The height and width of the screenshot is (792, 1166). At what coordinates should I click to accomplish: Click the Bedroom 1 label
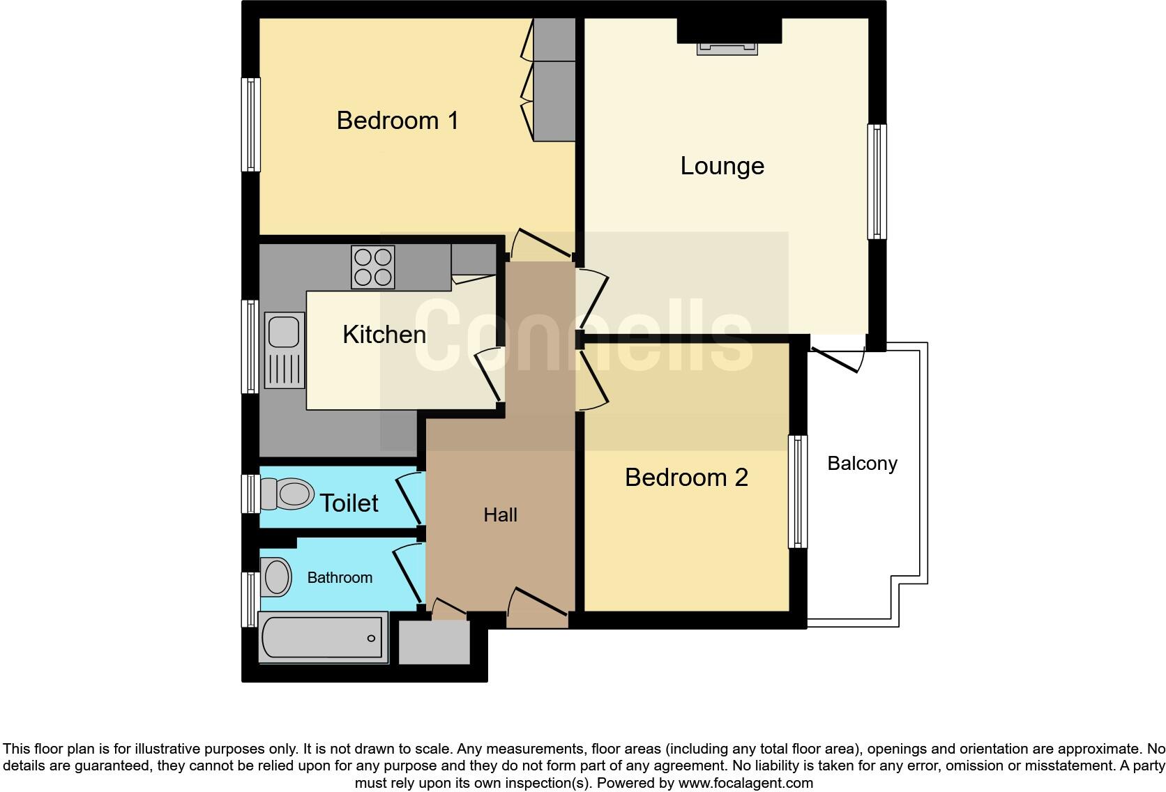[397, 121]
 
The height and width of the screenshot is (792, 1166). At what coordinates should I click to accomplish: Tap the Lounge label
[722, 166]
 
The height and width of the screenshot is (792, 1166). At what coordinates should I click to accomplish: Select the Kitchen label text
[384, 335]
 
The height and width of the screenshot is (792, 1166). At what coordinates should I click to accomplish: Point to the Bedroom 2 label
[686, 478]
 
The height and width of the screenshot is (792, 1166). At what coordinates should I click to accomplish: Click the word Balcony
[862, 464]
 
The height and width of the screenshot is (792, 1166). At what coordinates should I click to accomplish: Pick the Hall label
[500, 515]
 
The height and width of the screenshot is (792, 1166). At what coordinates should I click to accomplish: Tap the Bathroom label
[340, 577]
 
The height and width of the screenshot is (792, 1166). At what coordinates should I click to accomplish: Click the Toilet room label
[349, 503]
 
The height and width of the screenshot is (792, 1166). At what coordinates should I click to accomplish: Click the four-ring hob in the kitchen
[372, 267]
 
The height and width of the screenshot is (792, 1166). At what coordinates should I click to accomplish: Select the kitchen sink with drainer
[285, 350]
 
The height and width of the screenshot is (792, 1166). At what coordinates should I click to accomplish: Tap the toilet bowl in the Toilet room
[287, 494]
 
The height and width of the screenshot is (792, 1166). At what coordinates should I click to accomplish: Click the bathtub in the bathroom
[323, 637]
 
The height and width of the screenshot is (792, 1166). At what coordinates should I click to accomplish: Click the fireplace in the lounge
[727, 47]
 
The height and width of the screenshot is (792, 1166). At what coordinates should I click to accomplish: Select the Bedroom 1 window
[251, 124]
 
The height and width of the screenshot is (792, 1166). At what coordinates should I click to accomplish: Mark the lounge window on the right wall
[877, 181]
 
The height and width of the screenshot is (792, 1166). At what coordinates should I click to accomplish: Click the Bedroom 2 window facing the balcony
[797, 492]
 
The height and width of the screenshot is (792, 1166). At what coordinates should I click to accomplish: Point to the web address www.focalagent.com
[745, 783]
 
